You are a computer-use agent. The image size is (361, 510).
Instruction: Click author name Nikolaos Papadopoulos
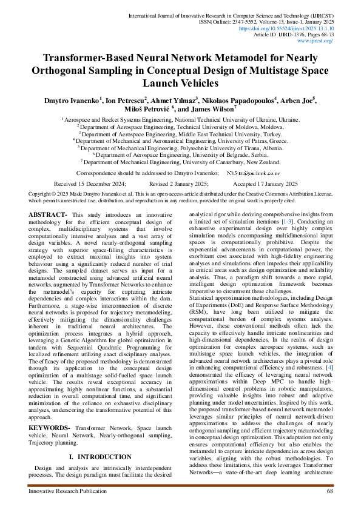pyautogui.click(x=240, y=99)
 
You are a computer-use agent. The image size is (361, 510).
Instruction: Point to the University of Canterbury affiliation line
pyautogui.click(x=180, y=162)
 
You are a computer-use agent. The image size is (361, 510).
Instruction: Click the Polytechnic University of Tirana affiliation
pyautogui.click(x=180, y=147)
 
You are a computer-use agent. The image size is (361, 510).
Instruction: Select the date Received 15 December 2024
pyautogui.click(x=90, y=184)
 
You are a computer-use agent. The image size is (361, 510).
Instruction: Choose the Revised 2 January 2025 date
pyautogui.click(x=178, y=184)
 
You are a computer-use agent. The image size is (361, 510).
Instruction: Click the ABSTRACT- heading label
pyautogui.click(x=49, y=215)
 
